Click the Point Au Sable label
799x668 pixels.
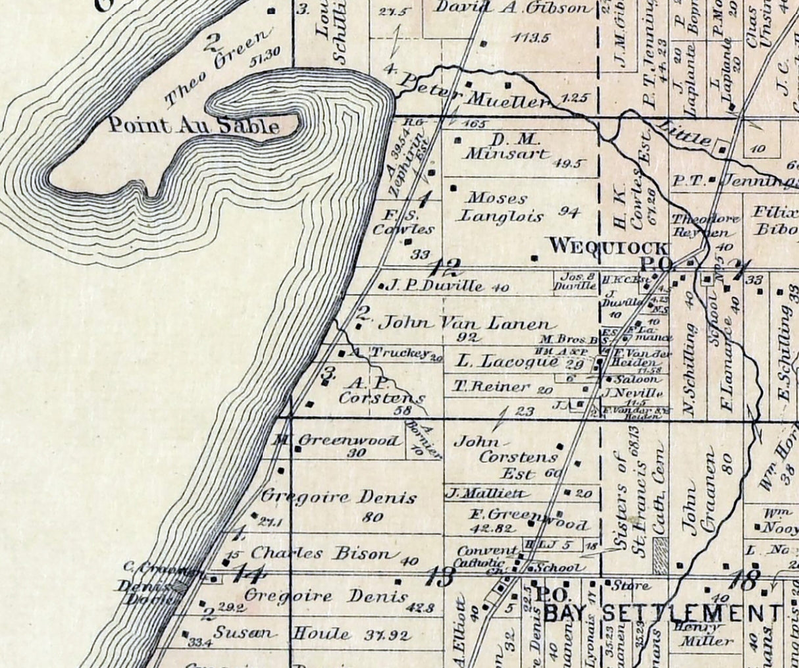click(x=193, y=126)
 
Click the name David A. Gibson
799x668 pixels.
click(x=513, y=9)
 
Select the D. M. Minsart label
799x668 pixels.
click(x=505, y=148)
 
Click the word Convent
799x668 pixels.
click(x=496, y=551)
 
